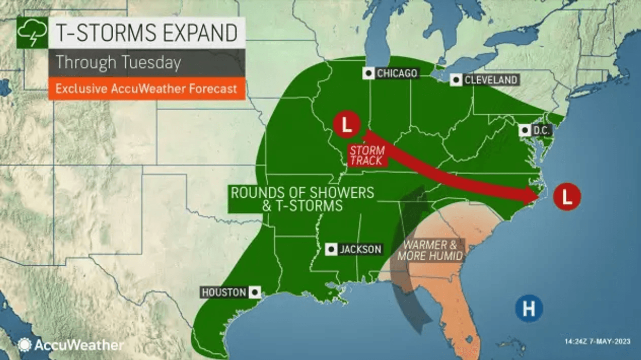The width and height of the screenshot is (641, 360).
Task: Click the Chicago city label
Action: pos(396,74)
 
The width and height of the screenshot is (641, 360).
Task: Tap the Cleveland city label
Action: pos(490,80)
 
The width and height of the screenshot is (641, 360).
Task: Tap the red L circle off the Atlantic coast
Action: pos(567,197)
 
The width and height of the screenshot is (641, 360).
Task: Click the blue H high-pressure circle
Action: pos(529,308)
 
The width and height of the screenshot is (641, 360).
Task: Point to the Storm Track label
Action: pos(367,155)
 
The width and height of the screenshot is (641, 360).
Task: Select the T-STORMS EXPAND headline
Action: pos(146,32)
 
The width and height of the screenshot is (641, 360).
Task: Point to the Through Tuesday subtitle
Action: pos(118,63)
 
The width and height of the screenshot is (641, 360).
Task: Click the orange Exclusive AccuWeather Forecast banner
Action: pos(146,89)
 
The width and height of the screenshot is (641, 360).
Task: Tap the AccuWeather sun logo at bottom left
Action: pos(24,345)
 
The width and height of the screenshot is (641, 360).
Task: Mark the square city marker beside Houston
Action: pos(254,292)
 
